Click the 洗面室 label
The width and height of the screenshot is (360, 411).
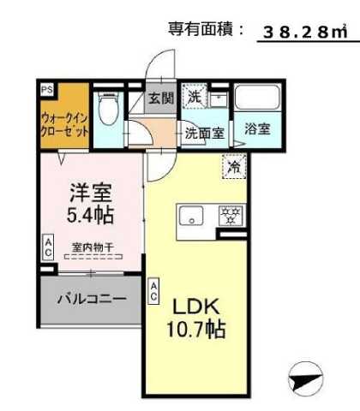(x=206, y=133)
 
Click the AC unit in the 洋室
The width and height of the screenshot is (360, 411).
(x=48, y=248)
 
